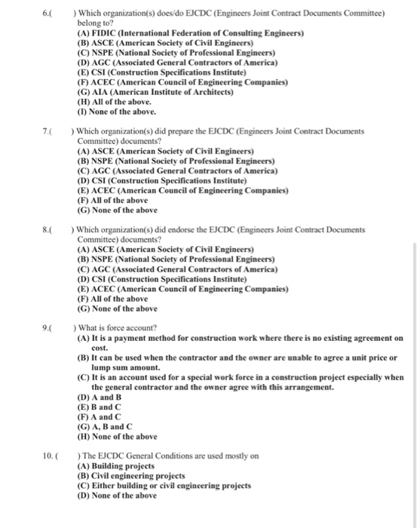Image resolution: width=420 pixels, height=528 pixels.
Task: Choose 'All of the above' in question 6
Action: click(x=114, y=101)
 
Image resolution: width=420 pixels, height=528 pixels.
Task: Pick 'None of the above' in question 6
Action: click(x=117, y=112)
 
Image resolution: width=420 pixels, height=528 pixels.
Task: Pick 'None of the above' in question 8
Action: click(x=117, y=308)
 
